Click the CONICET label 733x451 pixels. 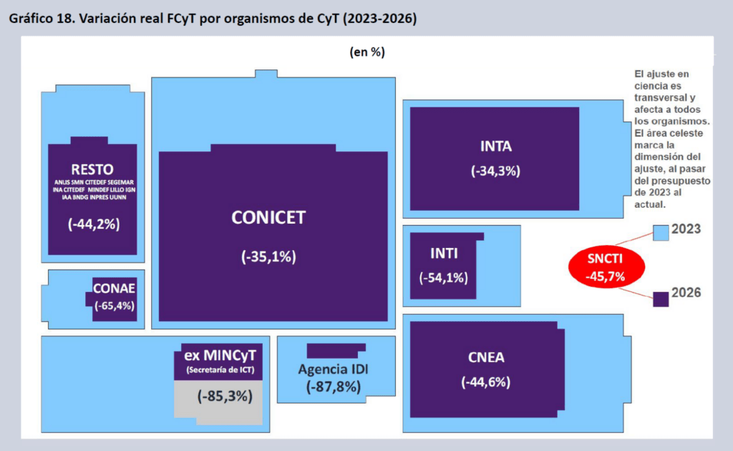coord(268,217)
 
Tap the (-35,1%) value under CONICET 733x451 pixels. coord(268,257)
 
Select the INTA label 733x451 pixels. coord(496,146)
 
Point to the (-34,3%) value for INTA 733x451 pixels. coord(495,171)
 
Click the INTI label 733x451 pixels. coord(444,253)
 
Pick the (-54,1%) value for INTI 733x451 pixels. coord(443,277)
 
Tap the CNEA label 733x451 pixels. coord(486,357)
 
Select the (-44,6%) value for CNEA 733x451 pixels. coord(486,382)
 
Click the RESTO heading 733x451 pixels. coord(92,169)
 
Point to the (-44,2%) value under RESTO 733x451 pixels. coord(94,224)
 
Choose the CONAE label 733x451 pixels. coord(114,288)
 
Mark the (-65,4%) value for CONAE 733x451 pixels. coord(114,306)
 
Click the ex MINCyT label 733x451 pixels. coord(220,356)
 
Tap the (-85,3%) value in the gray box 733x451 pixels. coord(225,397)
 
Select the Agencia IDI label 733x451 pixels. coord(334,369)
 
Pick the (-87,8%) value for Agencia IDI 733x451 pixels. coord(334,387)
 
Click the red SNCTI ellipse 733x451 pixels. coord(606,267)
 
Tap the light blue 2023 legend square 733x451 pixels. coord(661,233)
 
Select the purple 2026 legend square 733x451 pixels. coord(661,299)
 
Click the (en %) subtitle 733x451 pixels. coord(367,52)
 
